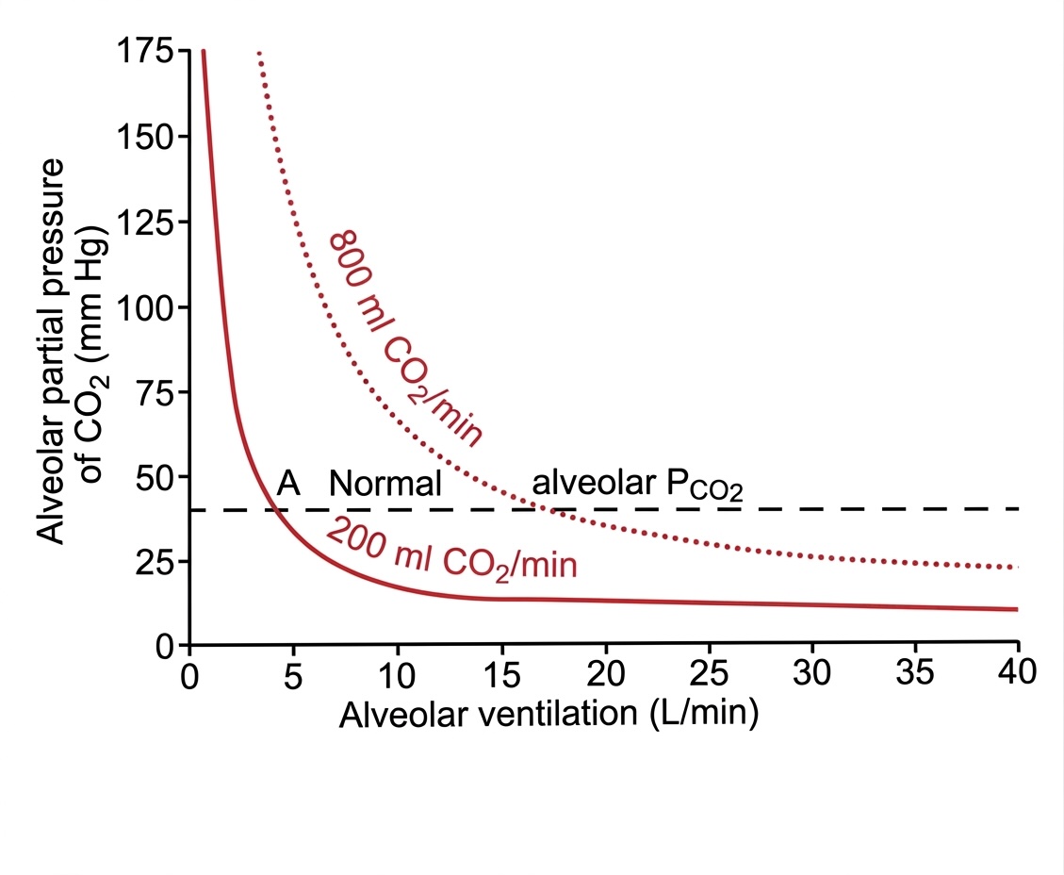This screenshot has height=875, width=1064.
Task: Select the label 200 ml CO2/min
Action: [450, 552]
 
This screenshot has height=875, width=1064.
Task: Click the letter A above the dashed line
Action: [288, 484]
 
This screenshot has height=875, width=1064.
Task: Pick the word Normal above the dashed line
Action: [385, 484]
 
